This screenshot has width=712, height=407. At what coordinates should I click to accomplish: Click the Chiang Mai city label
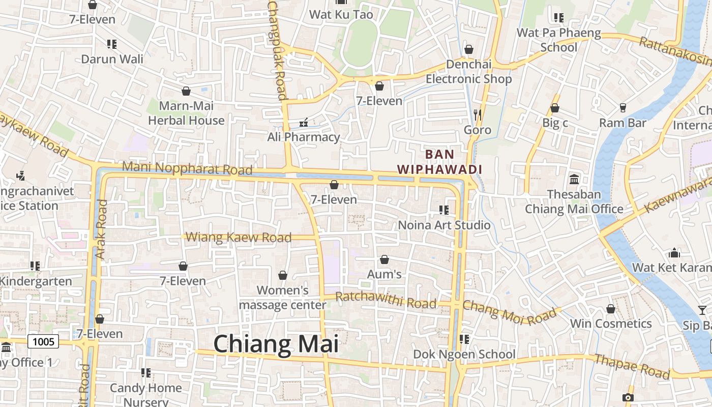tap(276, 344)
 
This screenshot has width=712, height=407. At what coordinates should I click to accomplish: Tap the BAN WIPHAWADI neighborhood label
tap(439, 161)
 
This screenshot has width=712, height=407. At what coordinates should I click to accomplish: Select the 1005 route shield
tap(43, 341)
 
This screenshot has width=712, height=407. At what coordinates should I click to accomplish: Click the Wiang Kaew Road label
tap(239, 237)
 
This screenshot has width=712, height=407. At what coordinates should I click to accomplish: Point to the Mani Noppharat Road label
tap(187, 168)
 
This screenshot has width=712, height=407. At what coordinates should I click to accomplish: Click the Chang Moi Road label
tap(502, 312)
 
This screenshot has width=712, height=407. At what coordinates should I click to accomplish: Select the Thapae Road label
tap(632, 366)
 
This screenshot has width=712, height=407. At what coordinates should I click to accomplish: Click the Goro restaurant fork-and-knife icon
tap(477, 115)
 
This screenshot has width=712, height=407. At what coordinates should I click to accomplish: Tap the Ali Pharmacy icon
tap(304, 123)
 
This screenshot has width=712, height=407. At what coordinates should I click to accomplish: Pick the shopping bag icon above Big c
tap(555, 108)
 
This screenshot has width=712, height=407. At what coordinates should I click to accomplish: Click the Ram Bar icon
tap(622, 108)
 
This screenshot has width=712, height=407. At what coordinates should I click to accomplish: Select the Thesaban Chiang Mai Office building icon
tap(574, 179)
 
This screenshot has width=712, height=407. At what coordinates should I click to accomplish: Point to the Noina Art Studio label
tap(444, 225)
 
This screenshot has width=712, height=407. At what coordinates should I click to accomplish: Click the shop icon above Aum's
tap(384, 260)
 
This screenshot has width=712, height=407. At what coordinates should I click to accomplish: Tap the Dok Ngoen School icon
tap(464, 339)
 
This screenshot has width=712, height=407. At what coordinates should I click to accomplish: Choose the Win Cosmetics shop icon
tap(611, 309)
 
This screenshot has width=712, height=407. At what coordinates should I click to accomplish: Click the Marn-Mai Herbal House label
tap(186, 113)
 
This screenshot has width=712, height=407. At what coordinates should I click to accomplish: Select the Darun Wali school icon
tap(112, 44)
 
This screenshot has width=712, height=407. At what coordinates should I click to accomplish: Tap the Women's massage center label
tap(283, 298)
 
